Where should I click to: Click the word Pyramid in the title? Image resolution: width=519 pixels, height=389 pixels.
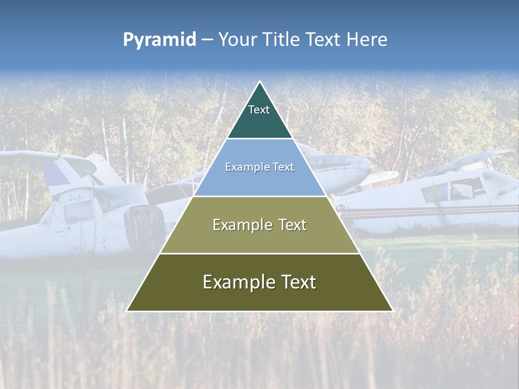[159, 40]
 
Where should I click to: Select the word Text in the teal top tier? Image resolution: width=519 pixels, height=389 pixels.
[259, 110]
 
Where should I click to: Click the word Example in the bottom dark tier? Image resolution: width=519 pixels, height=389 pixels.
[237, 282]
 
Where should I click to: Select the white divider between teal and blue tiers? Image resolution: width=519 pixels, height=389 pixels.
[259, 139]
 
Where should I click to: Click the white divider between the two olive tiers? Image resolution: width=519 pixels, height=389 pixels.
[259, 253]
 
